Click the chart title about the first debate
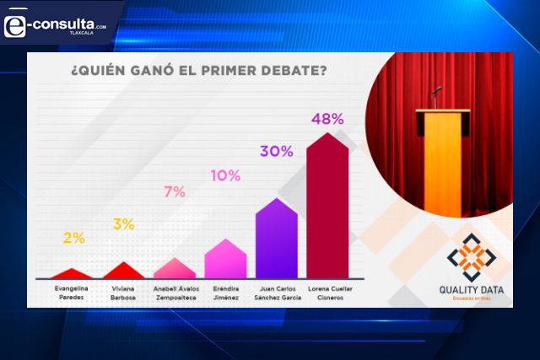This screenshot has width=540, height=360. point(198,71)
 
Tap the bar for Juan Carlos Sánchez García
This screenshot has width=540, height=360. point(276,241)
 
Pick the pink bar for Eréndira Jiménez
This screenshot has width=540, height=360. point(225,260)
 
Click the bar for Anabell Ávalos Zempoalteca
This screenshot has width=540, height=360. point(175,269)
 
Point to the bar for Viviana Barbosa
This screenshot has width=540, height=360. point(124,271)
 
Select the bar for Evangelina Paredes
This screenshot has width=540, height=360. point(73,274)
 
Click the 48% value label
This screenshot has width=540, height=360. point(327,119)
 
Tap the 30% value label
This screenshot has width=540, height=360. point(276,152)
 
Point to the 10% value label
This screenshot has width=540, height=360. point(225,175)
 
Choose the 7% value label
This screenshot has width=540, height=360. point(175,191)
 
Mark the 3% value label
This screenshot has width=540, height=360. point(124,224)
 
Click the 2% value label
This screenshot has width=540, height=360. point(73,239)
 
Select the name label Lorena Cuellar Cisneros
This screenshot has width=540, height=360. point(327,293)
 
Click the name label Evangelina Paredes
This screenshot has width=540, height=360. point(73,293)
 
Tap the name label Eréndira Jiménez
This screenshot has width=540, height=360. point(225,293)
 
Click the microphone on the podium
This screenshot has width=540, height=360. point(436,89)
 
